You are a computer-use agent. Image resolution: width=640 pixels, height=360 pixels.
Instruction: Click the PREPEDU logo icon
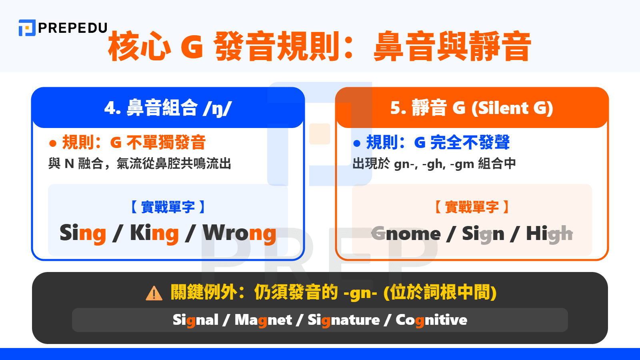coord(27,28)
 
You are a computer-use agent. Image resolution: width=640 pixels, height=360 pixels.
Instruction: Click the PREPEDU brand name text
coord(73,28)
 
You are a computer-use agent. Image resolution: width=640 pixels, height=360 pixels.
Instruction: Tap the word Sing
coord(83,233)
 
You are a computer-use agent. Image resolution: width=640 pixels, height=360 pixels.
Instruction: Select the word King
coord(154,233)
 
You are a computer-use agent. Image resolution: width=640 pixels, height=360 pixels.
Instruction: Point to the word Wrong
coord(239,233)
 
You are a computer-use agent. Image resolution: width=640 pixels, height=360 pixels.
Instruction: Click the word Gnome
coord(406,234)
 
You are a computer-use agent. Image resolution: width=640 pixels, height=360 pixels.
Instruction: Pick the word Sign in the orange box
coord(483,234)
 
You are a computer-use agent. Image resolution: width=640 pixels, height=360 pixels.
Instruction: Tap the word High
coord(549,234)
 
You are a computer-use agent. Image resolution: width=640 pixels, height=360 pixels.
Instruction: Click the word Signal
coord(196,320)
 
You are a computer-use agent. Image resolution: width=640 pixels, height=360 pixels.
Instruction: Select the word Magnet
coord(263,320)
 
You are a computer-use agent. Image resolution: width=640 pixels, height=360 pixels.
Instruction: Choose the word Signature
coord(344,320)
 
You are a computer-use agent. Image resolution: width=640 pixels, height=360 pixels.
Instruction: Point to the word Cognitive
coord(431,320)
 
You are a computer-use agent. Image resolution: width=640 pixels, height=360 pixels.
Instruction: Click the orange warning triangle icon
coord(154,294)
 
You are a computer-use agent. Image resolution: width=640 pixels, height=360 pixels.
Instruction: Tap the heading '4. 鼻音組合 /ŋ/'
coord(168,108)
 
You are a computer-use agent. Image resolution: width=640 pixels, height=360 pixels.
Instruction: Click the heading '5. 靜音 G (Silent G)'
coord(472,108)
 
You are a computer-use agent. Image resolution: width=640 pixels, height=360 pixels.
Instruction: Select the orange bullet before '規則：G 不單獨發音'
coord(52,143)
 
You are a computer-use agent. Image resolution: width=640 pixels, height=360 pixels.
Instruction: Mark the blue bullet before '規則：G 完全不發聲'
coord(357,143)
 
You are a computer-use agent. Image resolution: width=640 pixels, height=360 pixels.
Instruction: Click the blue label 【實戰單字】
coord(168,207)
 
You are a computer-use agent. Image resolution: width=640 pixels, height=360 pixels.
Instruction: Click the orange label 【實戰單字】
coord(472,207)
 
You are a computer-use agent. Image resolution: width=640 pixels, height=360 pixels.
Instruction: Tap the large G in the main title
coord(192,47)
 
